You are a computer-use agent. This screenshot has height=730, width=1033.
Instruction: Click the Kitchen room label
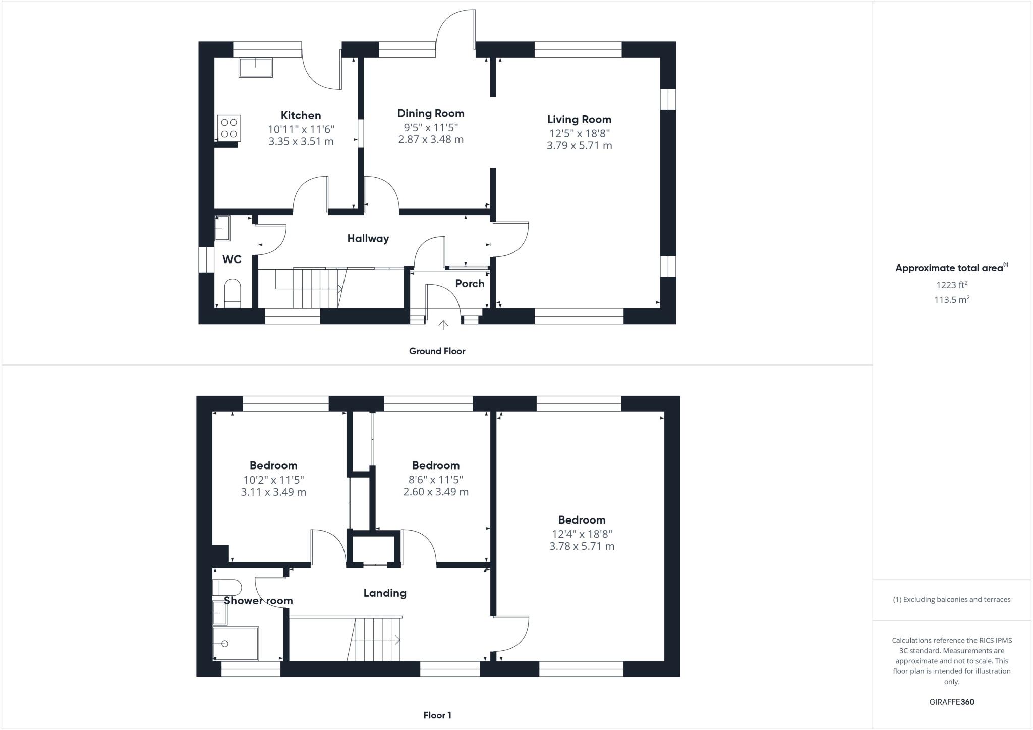click(301, 115)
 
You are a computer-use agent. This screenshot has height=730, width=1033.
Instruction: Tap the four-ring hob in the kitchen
click(229, 128)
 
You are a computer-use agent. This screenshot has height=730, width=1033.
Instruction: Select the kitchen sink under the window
click(256, 68)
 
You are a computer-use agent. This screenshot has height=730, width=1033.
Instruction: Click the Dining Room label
click(430, 113)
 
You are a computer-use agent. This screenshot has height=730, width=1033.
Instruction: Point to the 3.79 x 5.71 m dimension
click(579, 146)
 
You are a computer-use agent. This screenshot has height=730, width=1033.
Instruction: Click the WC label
click(232, 259)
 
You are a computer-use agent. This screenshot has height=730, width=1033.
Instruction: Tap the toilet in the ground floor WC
click(233, 293)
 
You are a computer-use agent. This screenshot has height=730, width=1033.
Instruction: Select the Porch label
click(470, 284)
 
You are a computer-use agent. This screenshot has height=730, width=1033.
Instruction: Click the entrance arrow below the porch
click(443, 325)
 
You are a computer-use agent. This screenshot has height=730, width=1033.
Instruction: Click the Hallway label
click(368, 239)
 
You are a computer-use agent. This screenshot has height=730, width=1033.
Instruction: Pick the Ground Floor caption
click(437, 351)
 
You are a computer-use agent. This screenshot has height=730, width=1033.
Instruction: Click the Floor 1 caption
click(437, 715)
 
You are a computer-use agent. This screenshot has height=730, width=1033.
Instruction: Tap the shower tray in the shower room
click(236, 644)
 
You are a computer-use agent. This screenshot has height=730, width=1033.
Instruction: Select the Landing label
click(385, 593)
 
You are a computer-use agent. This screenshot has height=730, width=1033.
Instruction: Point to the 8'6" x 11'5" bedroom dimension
click(435, 480)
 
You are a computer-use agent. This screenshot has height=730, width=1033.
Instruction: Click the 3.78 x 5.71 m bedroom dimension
click(582, 546)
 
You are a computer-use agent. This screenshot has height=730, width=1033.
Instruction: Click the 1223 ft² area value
click(951, 285)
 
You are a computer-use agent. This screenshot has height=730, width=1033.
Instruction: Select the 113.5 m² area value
click(951, 300)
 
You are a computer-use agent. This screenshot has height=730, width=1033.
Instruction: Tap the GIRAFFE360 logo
click(951, 702)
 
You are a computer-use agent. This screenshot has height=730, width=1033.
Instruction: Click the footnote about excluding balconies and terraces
click(951, 600)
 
